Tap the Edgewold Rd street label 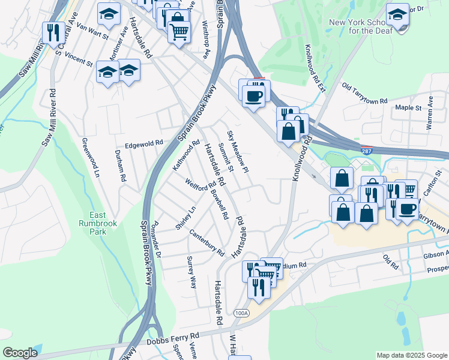(x=144, y=145)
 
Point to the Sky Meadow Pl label (x=238, y=152)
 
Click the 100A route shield (x=241, y=313)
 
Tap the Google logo (x=20, y=353)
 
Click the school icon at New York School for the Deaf (x=397, y=14)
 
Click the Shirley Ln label (x=185, y=217)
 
